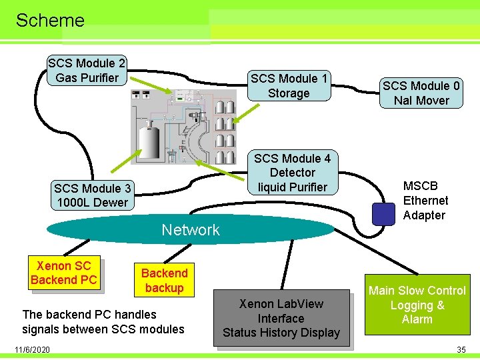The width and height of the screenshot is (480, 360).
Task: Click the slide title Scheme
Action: click(x=50, y=20)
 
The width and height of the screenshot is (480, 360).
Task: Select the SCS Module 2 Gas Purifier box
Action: click(x=87, y=71)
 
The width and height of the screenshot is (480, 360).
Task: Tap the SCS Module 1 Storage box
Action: click(x=289, y=86)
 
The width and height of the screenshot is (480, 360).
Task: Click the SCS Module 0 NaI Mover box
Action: click(x=421, y=93)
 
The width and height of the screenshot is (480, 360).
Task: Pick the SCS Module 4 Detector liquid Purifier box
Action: click(x=292, y=173)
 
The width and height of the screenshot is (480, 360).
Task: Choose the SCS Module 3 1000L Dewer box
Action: click(x=92, y=195)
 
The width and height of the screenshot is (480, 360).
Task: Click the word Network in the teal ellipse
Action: click(x=191, y=230)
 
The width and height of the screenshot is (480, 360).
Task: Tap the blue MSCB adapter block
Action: click(x=383, y=213)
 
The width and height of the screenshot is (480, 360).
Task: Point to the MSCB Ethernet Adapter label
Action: click(x=425, y=201)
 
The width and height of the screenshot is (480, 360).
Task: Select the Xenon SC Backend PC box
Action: click(x=63, y=273)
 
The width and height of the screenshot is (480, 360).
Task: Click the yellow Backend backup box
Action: click(x=164, y=280)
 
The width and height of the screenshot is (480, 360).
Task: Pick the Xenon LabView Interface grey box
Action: click(x=281, y=318)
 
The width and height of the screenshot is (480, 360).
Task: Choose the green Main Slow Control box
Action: click(x=417, y=305)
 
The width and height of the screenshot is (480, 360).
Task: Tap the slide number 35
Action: click(x=461, y=349)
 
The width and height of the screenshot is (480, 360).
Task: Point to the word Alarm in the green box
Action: click(x=417, y=319)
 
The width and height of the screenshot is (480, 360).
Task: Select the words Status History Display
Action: click(x=281, y=333)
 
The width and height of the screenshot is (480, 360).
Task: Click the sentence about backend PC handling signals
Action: click(x=103, y=321)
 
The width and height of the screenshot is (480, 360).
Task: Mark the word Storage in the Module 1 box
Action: click(x=289, y=93)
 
